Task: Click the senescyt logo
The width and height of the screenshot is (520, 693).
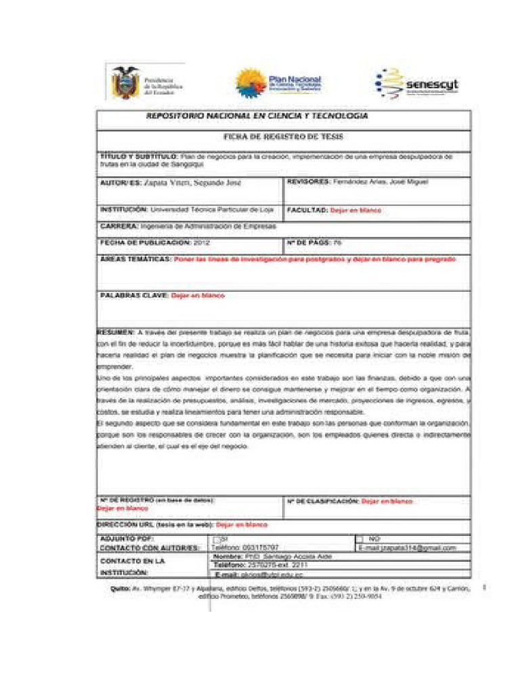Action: [417, 83]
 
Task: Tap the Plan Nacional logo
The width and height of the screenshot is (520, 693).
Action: [279, 83]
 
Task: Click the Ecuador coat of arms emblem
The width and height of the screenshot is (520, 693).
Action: [125, 83]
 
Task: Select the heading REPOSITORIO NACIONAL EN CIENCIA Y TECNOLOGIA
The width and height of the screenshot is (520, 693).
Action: [257, 116]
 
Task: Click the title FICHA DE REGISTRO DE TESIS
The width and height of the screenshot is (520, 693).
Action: [284, 137]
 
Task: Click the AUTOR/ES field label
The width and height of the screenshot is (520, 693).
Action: [121, 183]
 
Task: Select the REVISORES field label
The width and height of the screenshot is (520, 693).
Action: [308, 182]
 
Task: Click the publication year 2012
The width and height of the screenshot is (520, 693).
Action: [201, 242]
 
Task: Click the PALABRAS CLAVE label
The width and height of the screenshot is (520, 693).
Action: [134, 296]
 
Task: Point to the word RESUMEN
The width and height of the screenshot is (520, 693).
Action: [116, 334]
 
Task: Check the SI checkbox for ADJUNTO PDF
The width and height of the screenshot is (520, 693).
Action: [215, 539]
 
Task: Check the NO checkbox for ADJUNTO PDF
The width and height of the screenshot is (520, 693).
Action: [360, 539]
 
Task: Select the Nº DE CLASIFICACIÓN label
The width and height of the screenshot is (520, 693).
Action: [322, 501]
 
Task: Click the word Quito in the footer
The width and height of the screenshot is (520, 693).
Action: [121, 589]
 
